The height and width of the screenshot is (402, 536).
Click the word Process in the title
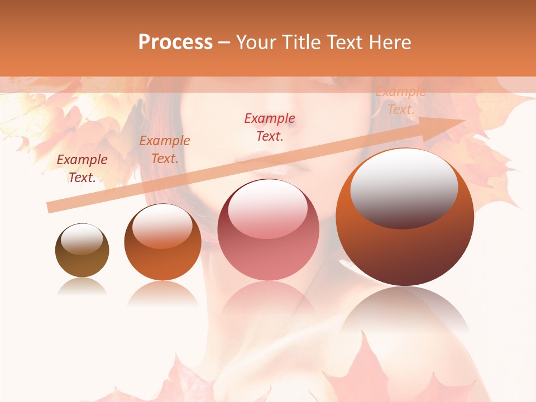pos(175,42)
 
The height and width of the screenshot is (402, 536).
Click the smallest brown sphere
pos(82,250)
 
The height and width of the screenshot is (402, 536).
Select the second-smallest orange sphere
pos(162,242)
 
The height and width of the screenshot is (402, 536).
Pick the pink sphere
pos(268,229)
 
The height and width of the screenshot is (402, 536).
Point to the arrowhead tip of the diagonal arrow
pos(464,120)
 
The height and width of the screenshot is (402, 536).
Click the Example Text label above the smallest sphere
pos(82,168)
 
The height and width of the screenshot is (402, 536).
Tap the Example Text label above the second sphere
pos(164,150)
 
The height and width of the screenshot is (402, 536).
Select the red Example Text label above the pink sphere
pos(269,127)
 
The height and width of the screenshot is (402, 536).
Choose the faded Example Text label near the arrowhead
pos(400,101)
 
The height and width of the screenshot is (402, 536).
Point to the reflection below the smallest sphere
pos(82,287)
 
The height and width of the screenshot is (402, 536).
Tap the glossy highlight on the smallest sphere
pos(82,239)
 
